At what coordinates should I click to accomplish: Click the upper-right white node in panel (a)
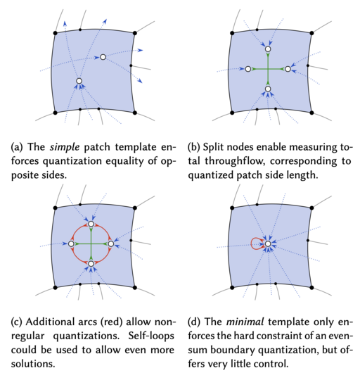click(x=103, y=56)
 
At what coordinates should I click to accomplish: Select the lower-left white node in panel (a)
click(x=79, y=82)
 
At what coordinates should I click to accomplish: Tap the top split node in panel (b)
click(x=267, y=49)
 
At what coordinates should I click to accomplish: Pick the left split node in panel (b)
click(x=247, y=69)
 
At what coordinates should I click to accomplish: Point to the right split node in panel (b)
click(x=288, y=69)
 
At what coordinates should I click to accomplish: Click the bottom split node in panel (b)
click(x=267, y=89)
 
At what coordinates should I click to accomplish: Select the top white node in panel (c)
click(x=91, y=224)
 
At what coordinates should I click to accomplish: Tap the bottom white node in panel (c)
click(x=91, y=263)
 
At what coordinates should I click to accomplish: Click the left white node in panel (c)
click(x=71, y=243)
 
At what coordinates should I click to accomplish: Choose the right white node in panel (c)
click(x=110, y=243)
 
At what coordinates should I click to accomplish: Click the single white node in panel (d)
click(x=267, y=244)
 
